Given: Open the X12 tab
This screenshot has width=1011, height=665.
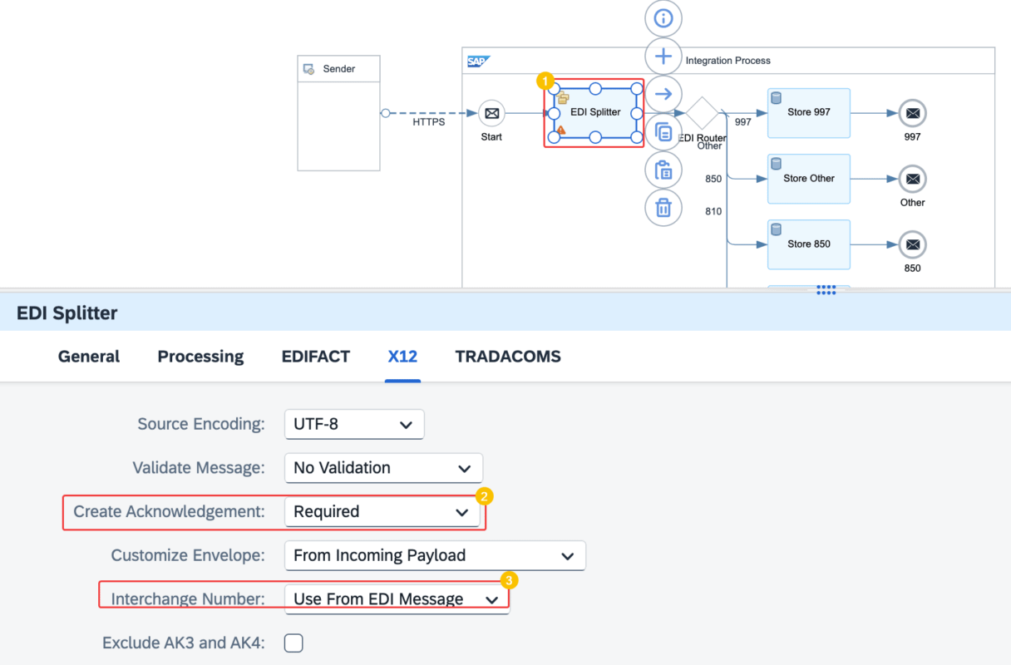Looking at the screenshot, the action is pyautogui.click(x=402, y=357).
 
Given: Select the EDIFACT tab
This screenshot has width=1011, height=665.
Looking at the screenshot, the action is pyautogui.click(x=315, y=357).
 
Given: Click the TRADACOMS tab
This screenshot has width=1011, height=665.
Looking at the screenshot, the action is pyautogui.click(x=508, y=357).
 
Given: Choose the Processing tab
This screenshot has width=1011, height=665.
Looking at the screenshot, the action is pyautogui.click(x=200, y=357).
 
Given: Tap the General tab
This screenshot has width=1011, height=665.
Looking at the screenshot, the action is pyautogui.click(x=88, y=357).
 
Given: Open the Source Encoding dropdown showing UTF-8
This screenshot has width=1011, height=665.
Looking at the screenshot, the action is pyautogui.click(x=354, y=424).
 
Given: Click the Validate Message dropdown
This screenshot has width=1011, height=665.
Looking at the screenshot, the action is pyautogui.click(x=383, y=468).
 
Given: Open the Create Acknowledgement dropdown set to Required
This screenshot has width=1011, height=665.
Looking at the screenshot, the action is pyautogui.click(x=382, y=511).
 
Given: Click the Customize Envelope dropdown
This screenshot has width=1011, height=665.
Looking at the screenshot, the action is pyautogui.click(x=435, y=555).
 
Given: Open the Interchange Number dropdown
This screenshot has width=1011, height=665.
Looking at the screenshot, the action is pyautogui.click(x=397, y=599).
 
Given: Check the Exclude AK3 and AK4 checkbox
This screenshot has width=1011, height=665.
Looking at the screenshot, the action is pyautogui.click(x=293, y=643).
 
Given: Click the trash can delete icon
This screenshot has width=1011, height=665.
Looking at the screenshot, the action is pyautogui.click(x=663, y=208).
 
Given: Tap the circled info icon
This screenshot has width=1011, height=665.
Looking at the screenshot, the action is pyautogui.click(x=663, y=18).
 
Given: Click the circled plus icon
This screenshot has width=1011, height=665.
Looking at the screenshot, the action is pyautogui.click(x=663, y=57).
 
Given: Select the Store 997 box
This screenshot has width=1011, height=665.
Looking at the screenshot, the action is pyautogui.click(x=809, y=113).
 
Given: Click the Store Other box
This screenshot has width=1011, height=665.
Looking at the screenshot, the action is pyautogui.click(x=809, y=179).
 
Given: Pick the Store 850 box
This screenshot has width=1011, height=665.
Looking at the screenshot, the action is pyautogui.click(x=809, y=244).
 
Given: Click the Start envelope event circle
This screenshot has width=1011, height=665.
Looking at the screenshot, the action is pyautogui.click(x=491, y=113).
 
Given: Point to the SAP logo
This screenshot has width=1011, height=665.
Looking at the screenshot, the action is pyautogui.click(x=478, y=61).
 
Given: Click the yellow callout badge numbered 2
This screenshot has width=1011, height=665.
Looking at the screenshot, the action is pyautogui.click(x=484, y=496).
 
